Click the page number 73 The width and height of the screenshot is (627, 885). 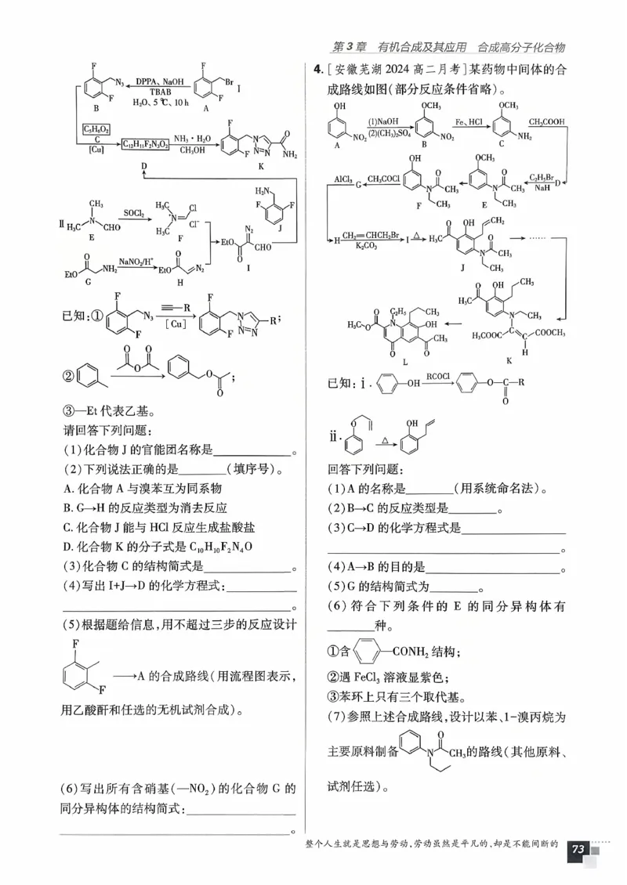pyautogui.click(x=578, y=849)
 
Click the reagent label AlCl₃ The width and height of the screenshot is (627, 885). pyautogui.click(x=342, y=179)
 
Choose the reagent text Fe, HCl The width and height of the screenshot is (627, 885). pyautogui.click(x=469, y=123)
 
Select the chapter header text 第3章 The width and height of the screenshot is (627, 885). pyautogui.click(x=351, y=47)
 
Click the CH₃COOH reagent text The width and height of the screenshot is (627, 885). pyautogui.click(x=549, y=122)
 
